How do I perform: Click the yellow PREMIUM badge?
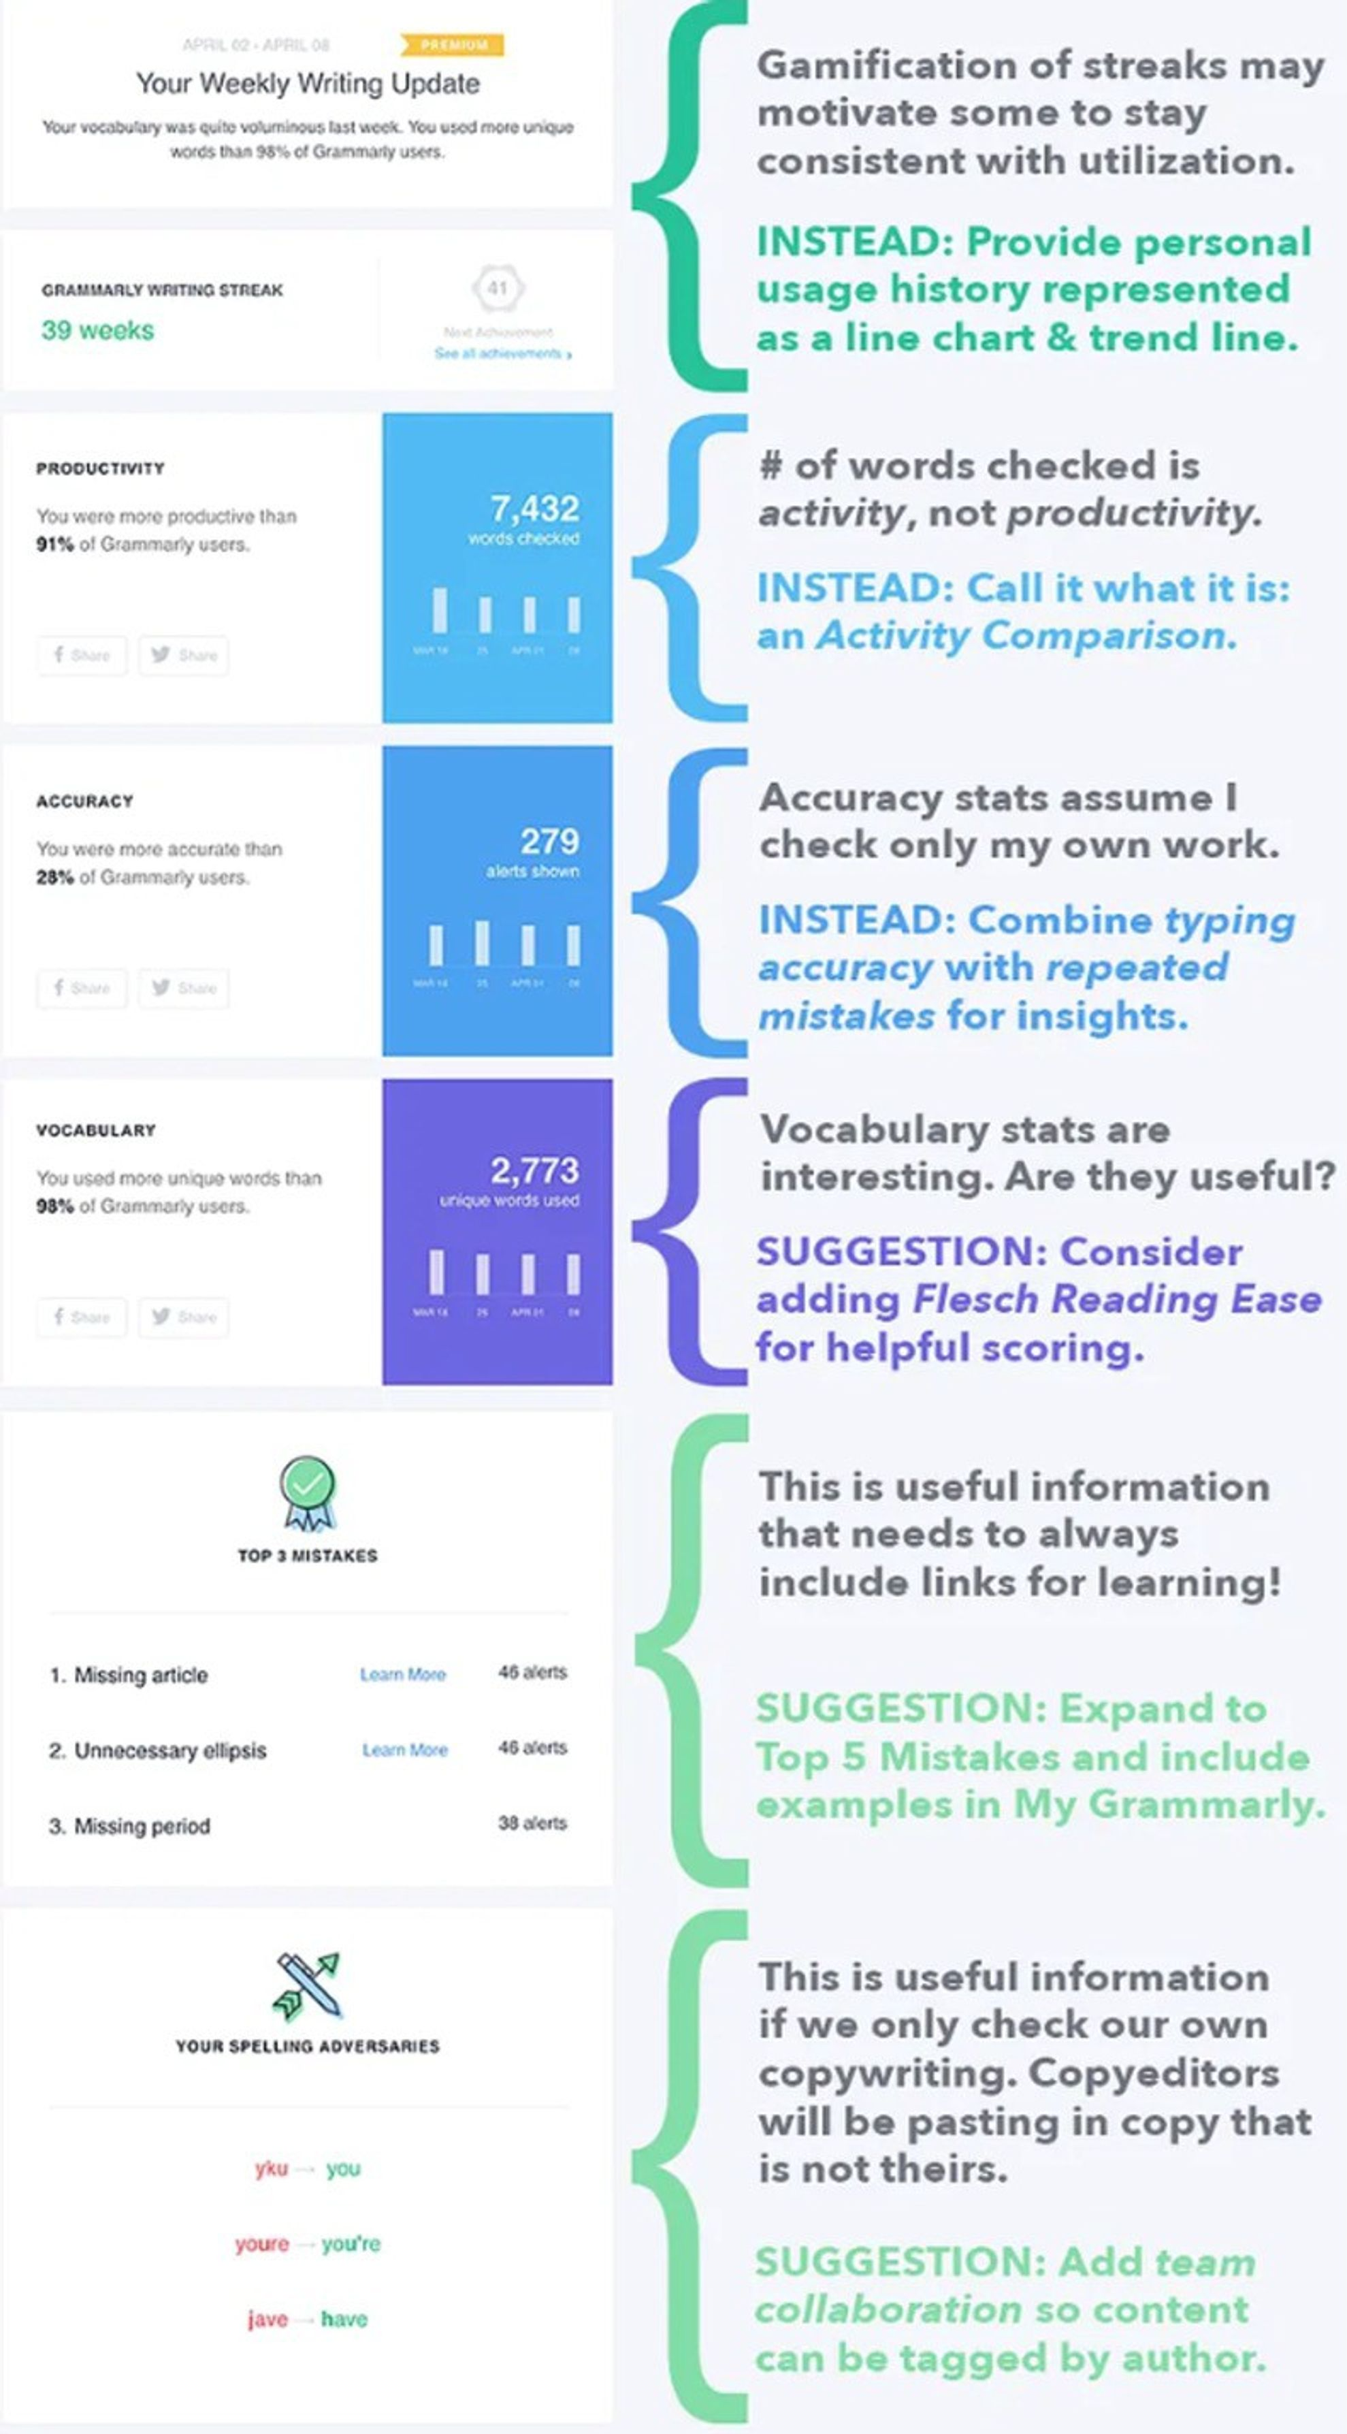click(x=453, y=44)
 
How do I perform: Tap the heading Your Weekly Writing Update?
click(x=308, y=84)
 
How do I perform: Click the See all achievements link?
click(x=502, y=353)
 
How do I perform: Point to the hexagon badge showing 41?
click(x=498, y=288)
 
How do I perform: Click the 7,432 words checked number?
click(x=534, y=509)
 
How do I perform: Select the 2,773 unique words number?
click(x=534, y=1170)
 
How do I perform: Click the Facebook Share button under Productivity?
click(x=82, y=655)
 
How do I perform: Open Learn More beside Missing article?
click(x=402, y=1674)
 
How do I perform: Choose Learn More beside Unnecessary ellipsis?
click(x=404, y=1750)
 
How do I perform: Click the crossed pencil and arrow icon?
click(x=307, y=1986)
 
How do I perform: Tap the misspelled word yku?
click(x=271, y=2168)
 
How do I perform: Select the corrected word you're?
click(x=351, y=2244)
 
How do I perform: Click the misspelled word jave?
click(x=267, y=2320)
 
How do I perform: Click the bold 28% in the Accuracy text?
click(x=54, y=878)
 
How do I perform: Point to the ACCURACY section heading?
click(x=85, y=801)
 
